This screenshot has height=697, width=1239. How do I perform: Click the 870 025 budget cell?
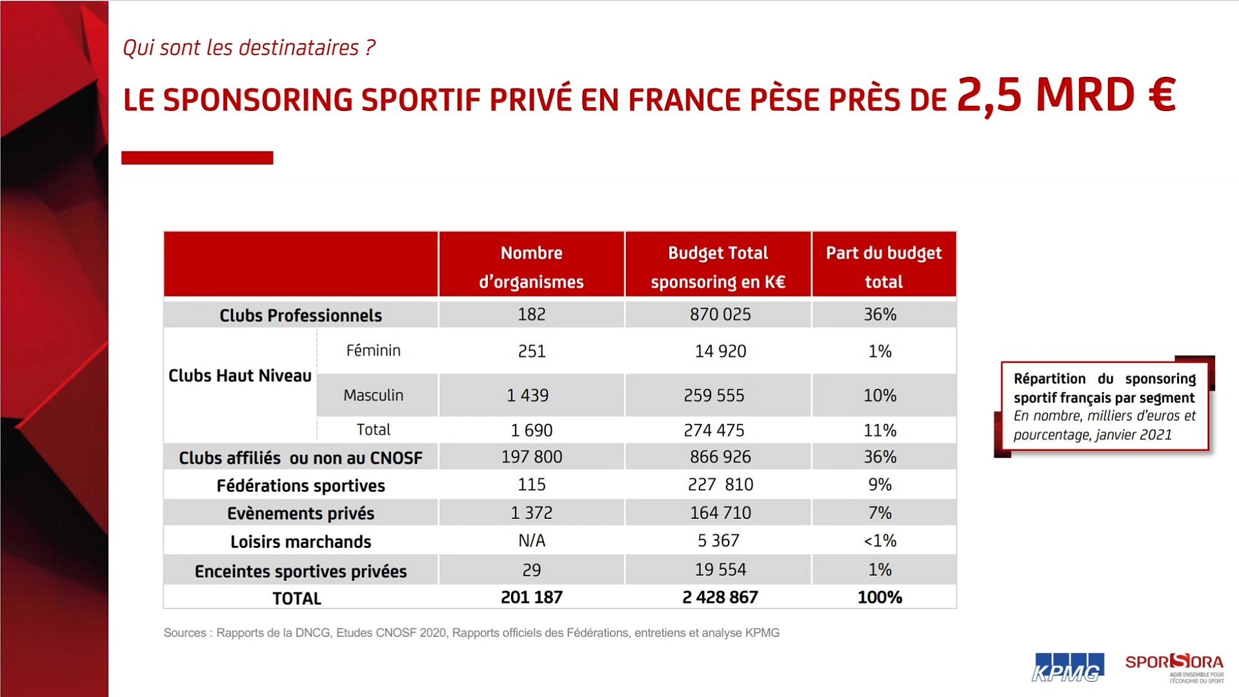(x=720, y=314)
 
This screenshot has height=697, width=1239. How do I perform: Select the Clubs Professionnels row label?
(x=300, y=315)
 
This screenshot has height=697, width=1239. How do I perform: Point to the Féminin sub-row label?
(x=373, y=350)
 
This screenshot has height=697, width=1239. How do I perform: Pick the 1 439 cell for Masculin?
(x=527, y=395)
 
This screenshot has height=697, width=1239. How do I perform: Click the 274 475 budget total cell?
(x=714, y=430)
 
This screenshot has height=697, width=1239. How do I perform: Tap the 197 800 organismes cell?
(x=531, y=457)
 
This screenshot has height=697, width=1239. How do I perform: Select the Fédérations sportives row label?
(x=300, y=485)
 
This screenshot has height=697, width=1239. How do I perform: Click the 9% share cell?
(x=880, y=485)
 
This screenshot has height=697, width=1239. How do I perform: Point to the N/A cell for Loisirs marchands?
(x=531, y=541)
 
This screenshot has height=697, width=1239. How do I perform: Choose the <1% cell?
(x=880, y=541)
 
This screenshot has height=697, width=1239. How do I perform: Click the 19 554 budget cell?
(x=720, y=570)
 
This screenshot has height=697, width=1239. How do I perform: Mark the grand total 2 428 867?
(x=720, y=598)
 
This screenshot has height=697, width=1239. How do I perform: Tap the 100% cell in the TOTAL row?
(x=880, y=598)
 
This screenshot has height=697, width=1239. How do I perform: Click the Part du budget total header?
(x=883, y=267)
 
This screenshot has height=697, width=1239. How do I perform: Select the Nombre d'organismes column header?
(x=531, y=267)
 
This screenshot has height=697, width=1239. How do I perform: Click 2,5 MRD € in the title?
(x=1066, y=96)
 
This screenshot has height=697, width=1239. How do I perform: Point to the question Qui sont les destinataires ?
(x=248, y=48)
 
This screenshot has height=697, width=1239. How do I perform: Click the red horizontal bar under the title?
(x=197, y=157)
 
